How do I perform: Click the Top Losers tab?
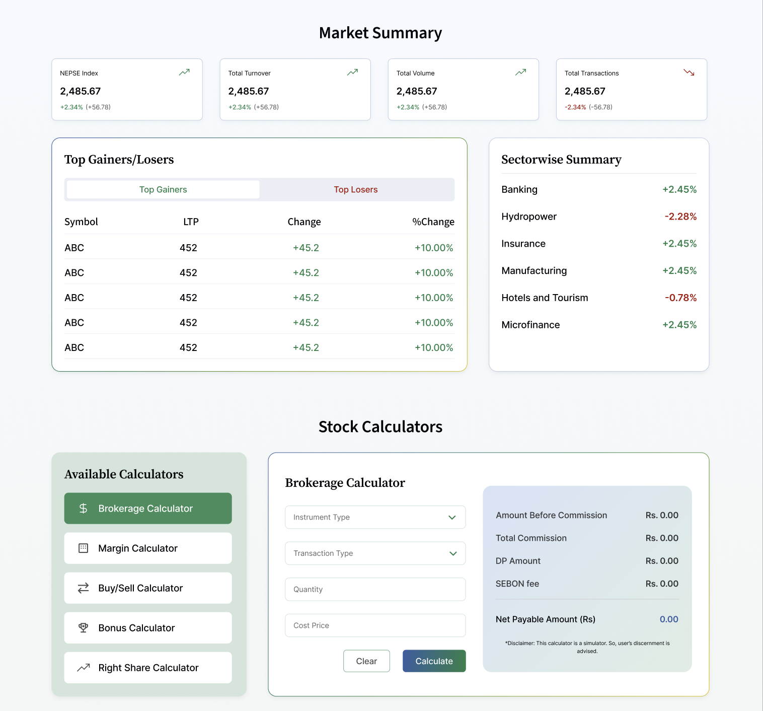pos(355,189)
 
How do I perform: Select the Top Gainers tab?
pos(163,189)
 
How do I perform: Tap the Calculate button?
pos(434,661)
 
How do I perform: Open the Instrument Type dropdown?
pos(375,517)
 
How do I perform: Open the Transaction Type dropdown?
pos(375,553)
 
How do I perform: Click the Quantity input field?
pos(375,590)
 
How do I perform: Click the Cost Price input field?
pos(375,625)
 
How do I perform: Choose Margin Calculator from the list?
pos(148,548)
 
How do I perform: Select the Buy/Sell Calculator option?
pos(148,588)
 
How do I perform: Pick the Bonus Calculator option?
pos(148,628)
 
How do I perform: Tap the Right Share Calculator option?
pos(148,668)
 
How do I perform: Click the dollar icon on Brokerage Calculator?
pos(83,509)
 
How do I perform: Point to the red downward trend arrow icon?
pos(689,73)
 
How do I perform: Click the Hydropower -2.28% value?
pos(680,217)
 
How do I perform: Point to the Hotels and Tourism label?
pos(545,298)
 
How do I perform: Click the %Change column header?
pos(433,222)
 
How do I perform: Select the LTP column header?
pos(191,222)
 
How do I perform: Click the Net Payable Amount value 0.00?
pos(669,619)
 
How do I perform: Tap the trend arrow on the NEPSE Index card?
pos(184,73)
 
